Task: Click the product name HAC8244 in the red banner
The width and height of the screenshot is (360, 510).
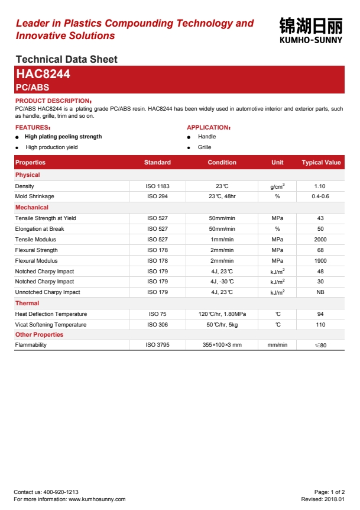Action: tap(43, 74)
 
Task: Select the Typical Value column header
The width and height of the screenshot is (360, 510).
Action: tap(321, 162)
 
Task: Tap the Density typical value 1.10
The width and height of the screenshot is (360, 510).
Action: tap(320, 186)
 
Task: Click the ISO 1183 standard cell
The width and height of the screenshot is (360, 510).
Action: tap(157, 186)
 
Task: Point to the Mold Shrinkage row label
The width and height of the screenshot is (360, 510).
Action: tap(34, 196)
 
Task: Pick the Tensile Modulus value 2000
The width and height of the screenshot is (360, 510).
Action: tap(320, 240)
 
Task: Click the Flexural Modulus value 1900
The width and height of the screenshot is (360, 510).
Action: tap(320, 261)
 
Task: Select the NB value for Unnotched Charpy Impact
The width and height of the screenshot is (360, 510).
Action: tap(320, 292)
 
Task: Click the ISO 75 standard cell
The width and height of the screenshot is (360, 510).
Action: tap(157, 314)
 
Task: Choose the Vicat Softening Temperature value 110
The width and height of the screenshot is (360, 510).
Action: tap(320, 325)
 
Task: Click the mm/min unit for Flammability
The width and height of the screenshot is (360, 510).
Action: tap(277, 345)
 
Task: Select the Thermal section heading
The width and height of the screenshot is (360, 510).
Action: tap(27, 303)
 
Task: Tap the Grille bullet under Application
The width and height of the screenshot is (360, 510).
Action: tap(205, 147)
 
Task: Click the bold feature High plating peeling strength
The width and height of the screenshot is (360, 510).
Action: tap(63, 137)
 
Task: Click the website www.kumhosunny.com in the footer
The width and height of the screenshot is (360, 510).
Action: tap(97, 499)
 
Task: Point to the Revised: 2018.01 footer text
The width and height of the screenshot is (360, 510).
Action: tap(323, 499)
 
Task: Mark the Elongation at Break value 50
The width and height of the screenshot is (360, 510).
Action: tap(320, 229)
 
